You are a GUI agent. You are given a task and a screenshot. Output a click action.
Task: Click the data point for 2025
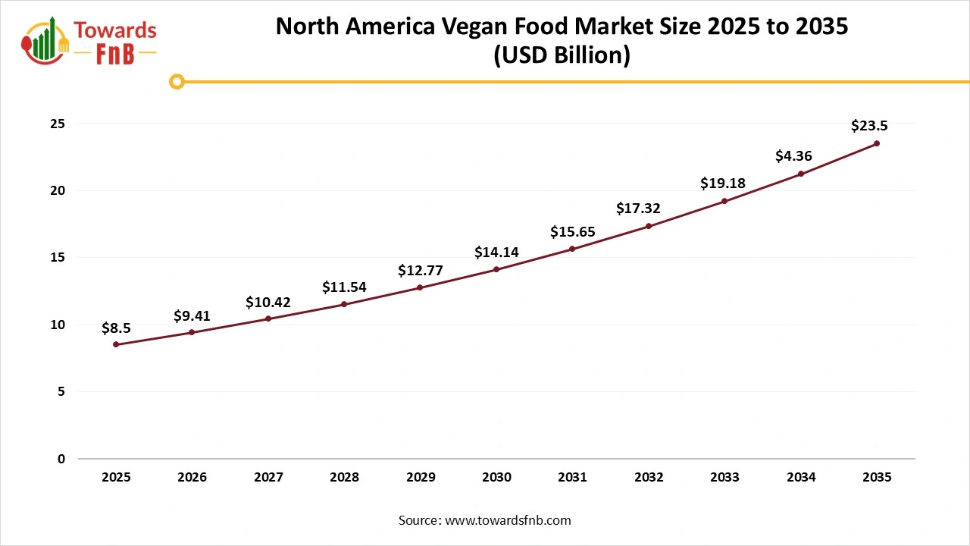click(116, 344)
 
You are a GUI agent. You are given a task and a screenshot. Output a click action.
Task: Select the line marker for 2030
click(496, 269)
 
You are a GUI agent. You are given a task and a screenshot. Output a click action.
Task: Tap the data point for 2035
click(877, 143)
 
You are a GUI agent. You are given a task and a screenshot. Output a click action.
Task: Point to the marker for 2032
click(649, 226)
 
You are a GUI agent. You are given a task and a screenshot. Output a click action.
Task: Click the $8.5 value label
click(116, 328)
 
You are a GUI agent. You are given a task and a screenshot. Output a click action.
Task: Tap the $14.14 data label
click(496, 253)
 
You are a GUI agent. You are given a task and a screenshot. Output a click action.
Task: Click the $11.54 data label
click(344, 287)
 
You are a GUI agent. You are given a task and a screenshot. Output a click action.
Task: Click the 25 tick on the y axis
click(58, 124)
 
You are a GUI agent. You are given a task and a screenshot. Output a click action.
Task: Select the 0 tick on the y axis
click(61, 459)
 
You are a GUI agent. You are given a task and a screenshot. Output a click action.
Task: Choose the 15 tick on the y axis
click(58, 258)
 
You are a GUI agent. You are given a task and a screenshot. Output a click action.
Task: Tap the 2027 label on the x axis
click(268, 478)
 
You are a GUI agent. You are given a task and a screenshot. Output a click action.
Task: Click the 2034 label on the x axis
click(801, 478)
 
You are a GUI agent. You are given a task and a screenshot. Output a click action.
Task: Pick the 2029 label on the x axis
click(421, 478)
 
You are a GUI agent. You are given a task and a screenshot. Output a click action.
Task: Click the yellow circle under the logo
click(177, 81)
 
